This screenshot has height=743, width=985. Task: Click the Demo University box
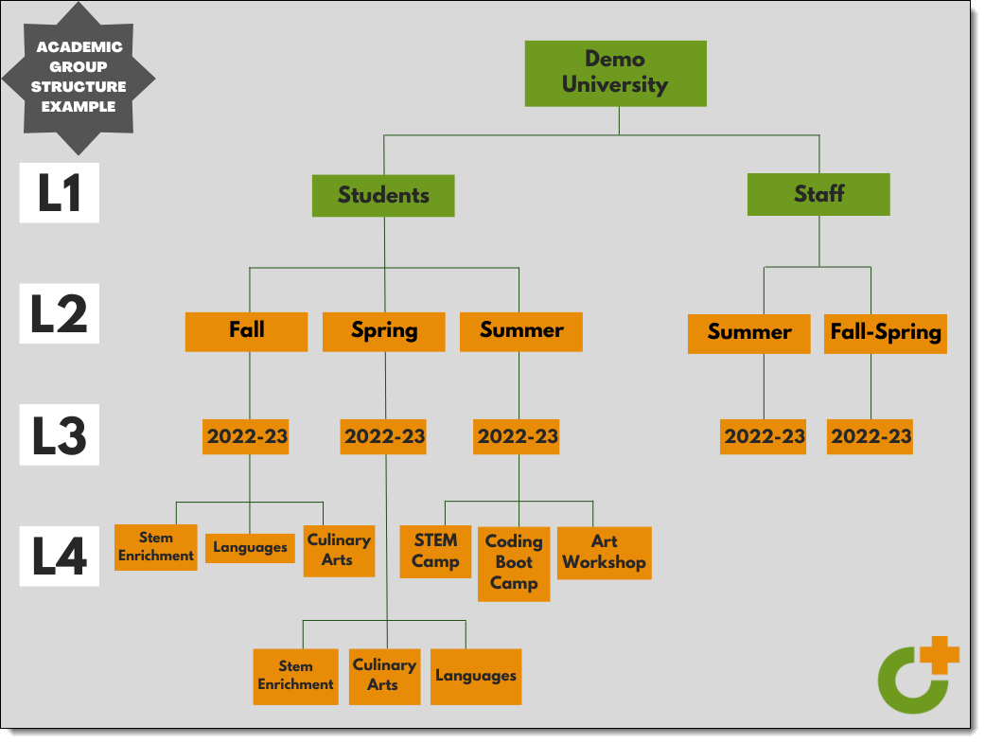coord(615,73)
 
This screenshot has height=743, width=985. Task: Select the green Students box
coord(383,196)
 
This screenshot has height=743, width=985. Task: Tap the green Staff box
coord(818,194)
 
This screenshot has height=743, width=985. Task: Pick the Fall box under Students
coord(246,331)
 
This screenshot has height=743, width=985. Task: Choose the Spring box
coord(383,331)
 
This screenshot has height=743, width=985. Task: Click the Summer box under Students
coord(521,331)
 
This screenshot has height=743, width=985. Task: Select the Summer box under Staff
coord(748,333)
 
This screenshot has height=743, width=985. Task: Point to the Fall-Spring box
coord(886,333)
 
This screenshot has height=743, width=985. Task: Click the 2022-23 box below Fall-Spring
coord(871,436)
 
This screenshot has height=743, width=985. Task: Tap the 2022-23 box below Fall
coord(246,436)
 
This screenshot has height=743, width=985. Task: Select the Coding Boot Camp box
coord(514,562)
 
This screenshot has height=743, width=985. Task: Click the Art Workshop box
coord(604,552)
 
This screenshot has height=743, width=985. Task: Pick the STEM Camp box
coord(435,551)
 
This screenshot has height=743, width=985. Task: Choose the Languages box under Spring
coord(476,676)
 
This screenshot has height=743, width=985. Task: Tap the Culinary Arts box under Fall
coord(338,550)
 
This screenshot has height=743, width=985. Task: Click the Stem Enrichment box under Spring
coord(295,676)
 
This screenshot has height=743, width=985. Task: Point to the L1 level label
coord(60,194)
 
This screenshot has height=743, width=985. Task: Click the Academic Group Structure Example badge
coord(79,77)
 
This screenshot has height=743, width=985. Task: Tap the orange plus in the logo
coord(940,655)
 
